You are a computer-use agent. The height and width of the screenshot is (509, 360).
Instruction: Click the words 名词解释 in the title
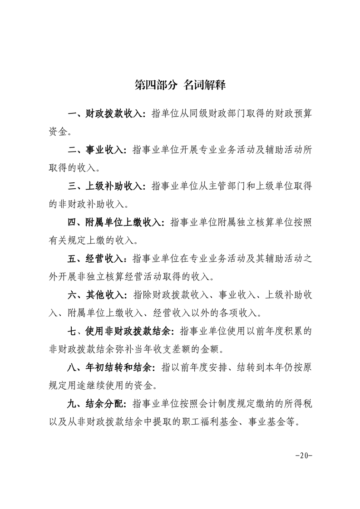tap(205, 85)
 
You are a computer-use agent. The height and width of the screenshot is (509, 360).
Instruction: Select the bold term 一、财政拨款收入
tap(105, 114)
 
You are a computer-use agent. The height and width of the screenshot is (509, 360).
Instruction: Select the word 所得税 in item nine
tap(298, 404)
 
